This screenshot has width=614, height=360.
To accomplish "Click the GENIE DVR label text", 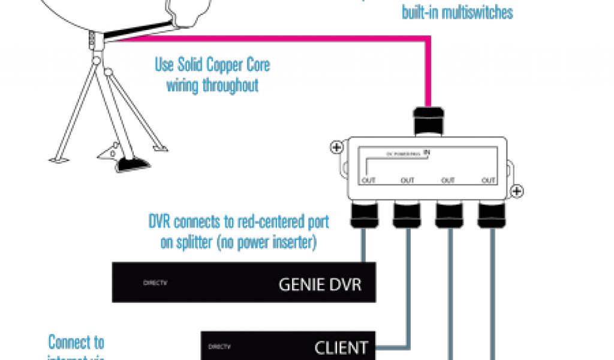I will pyautogui.click(x=320, y=283).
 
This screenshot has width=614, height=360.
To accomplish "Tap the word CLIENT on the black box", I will pyautogui.click(x=341, y=347).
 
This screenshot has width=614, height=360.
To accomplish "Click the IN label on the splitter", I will pyautogui.click(x=427, y=152).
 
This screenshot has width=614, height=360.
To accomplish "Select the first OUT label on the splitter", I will pyautogui.click(x=368, y=180).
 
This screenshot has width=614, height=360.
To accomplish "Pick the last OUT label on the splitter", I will pyautogui.click(x=489, y=180).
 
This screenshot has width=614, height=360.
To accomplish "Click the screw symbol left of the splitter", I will pyautogui.click(x=336, y=147).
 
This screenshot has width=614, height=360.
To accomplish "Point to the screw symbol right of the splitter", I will pyautogui.click(x=518, y=192).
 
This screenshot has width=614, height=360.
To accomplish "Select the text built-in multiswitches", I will pyautogui.click(x=458, y=12).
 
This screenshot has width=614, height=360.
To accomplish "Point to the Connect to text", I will pyautogui.click(x=76, y=343).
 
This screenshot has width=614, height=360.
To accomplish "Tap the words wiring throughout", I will pyautogui.click(x=212, y=85).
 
